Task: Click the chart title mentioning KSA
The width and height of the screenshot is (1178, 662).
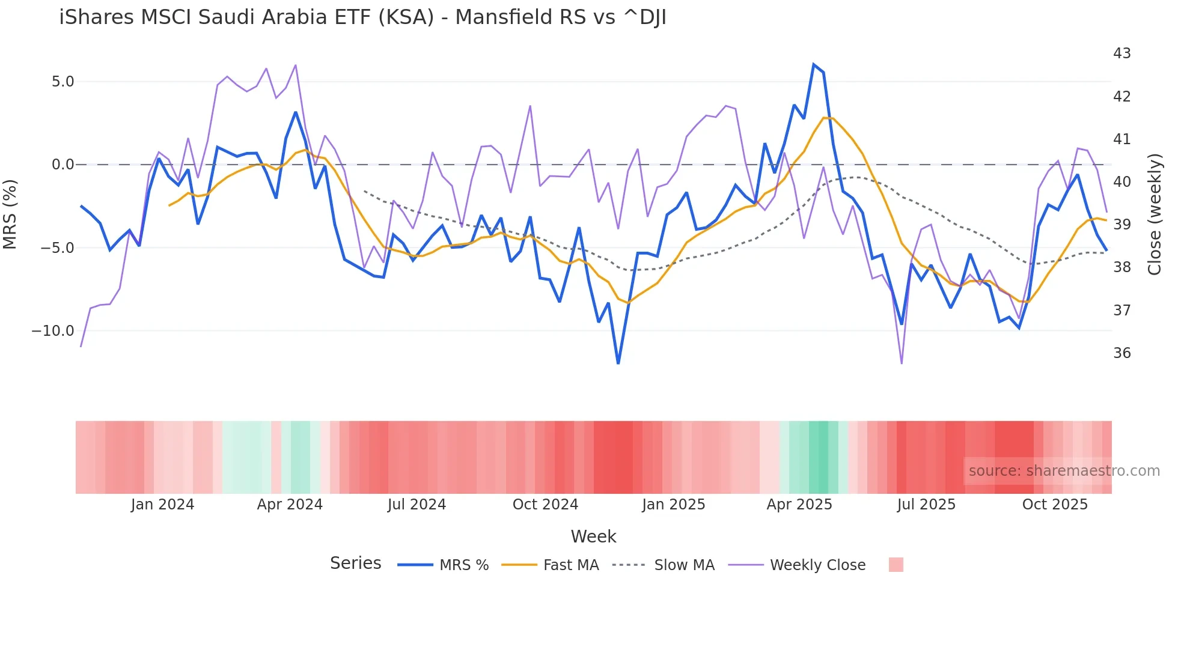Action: click(362, 17)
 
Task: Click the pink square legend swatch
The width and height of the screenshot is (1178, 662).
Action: click(896, 565)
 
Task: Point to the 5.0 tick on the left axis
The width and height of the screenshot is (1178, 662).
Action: click(63, 82)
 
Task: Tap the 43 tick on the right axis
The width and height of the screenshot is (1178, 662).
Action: click(1122, 53)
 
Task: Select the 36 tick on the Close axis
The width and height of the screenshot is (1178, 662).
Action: click(1122, 353)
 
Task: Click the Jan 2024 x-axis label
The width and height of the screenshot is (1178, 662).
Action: click(162, 505)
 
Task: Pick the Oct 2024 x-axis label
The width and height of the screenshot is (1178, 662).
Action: click(545, 505)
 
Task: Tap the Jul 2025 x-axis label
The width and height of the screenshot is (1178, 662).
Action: click(926, 505)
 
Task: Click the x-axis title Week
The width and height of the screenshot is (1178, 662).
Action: click(593, 536)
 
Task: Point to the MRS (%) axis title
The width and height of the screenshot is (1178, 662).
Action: click(10, 214)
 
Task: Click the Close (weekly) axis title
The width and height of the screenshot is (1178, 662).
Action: click(1154, 214)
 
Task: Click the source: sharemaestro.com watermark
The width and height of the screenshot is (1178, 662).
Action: click(1064, 471)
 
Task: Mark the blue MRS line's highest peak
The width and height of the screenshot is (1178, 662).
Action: click(814, 64)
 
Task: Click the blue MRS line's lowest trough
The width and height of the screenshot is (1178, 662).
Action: click(618, 363)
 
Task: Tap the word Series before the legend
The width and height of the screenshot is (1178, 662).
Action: click(355, 563)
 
